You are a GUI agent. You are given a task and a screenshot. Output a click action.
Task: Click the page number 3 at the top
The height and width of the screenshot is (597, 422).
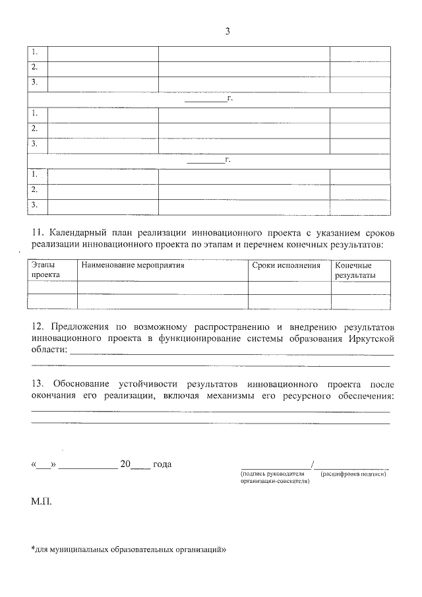point(227,31)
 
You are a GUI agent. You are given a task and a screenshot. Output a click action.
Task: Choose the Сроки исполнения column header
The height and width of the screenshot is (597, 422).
point(286,266)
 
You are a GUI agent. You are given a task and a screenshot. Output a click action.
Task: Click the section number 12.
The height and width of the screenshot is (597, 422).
point(38,327)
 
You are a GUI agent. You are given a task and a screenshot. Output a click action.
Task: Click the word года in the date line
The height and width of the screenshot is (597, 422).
point(162,464)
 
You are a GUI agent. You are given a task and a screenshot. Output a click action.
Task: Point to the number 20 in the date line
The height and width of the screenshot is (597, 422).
point(125,464)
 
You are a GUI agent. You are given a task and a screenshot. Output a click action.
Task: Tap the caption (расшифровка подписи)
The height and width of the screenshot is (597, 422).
point(352,474)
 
